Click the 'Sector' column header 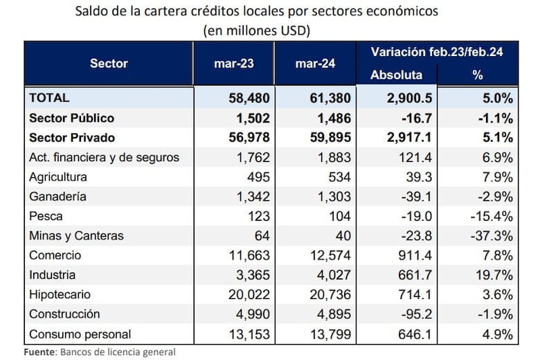pos(109,63)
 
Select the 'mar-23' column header pos(235,63)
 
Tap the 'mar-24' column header pos(315,63)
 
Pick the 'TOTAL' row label pos(49,98)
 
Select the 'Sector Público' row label pos(71,118)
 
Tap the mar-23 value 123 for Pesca pos(258,216)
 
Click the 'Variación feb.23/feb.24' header pos(436,52)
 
